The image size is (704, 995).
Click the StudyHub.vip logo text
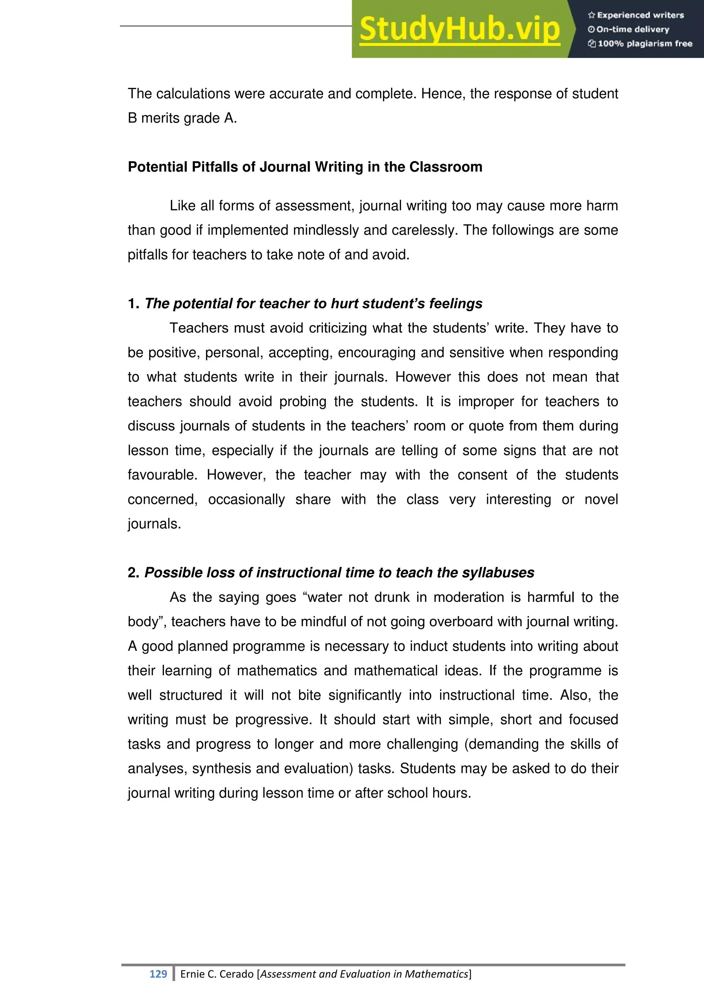point(460,30)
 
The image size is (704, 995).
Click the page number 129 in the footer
point(158,974)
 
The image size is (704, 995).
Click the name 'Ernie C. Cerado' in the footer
point(217,974)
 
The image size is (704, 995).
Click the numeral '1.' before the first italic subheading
point(133,303)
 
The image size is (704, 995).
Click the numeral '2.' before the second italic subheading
point(133,572)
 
